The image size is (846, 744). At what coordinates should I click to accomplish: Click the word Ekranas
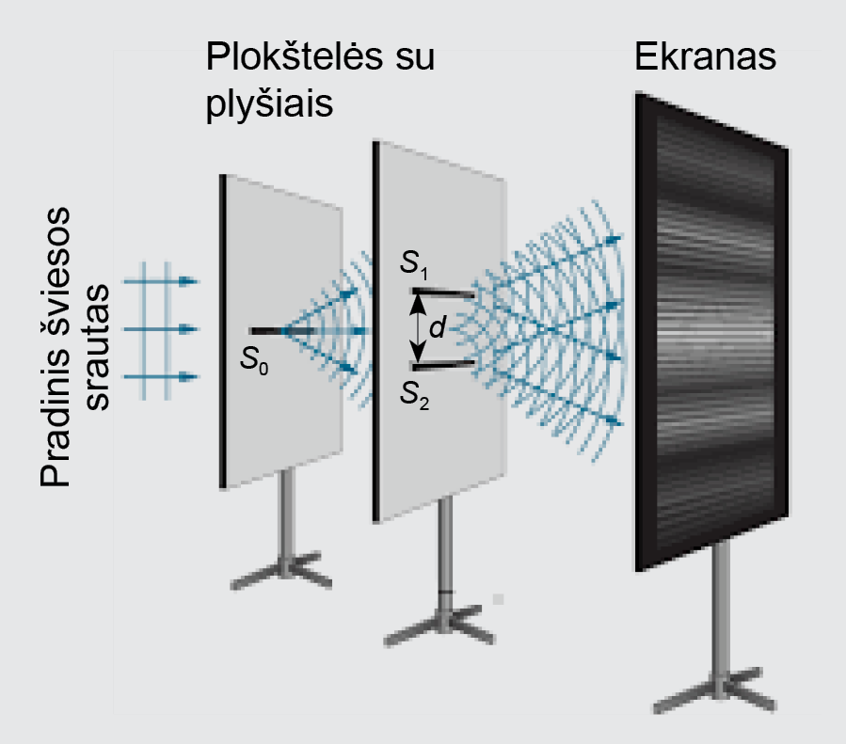coord(705,58)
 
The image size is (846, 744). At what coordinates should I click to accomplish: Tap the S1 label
coord(413,267)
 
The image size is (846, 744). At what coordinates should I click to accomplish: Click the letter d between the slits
coord(437,329)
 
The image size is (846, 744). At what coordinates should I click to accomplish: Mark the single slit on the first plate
coord(268,331)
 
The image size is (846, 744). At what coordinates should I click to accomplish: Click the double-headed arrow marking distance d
coord(418,328)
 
